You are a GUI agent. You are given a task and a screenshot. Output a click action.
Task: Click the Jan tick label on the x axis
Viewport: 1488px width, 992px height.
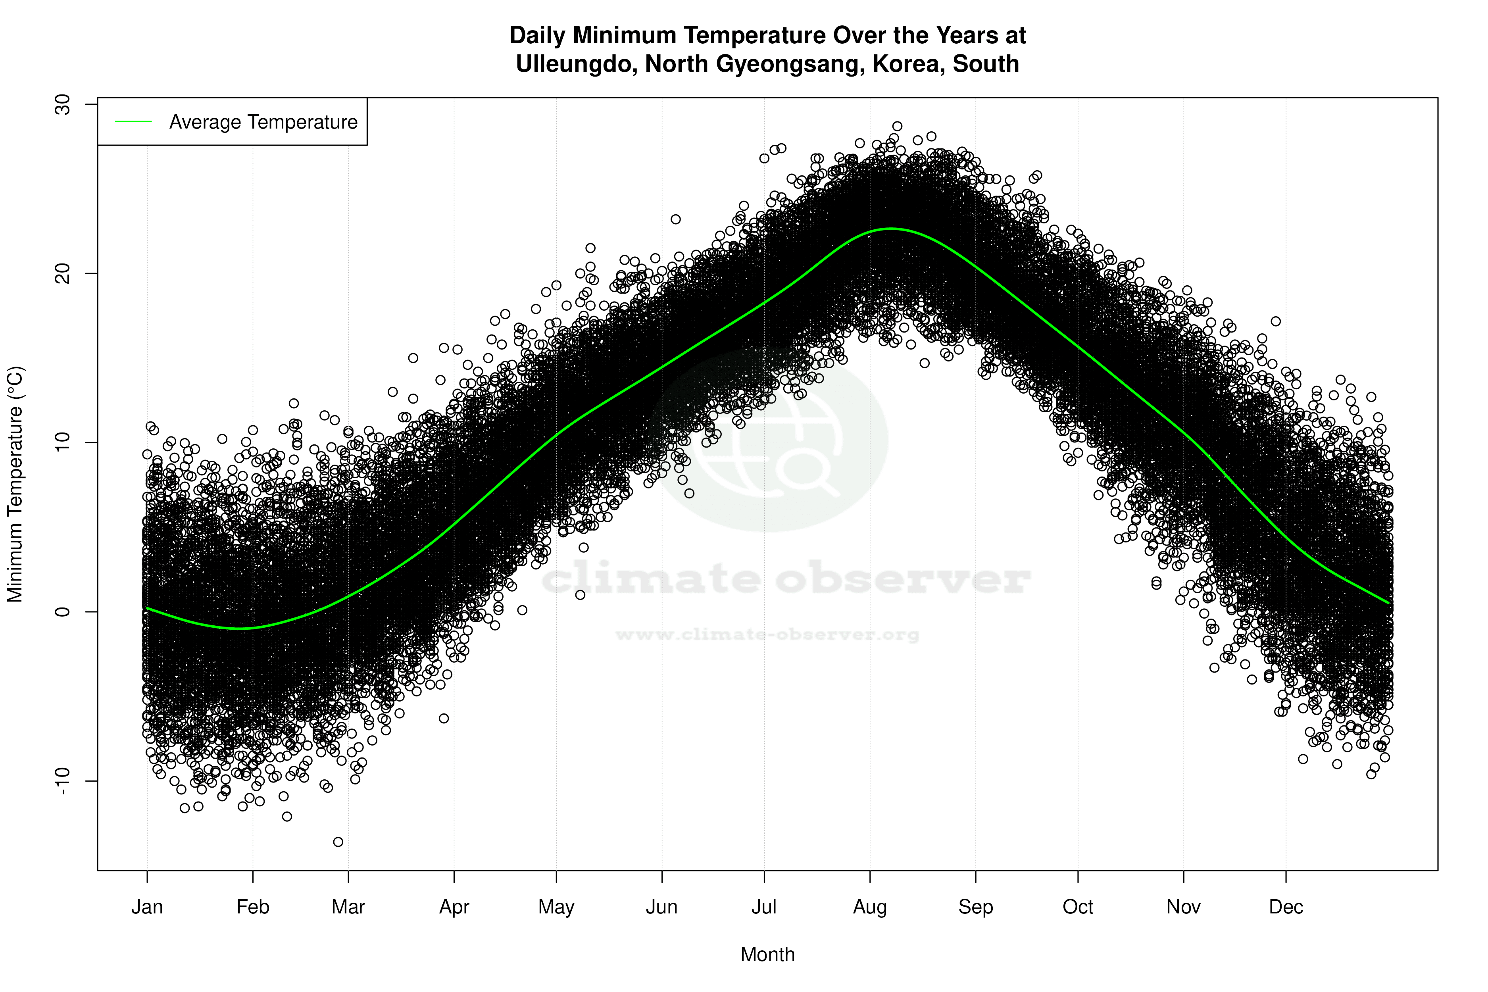[147, 907]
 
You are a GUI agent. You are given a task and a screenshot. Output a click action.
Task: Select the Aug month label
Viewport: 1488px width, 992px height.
[869, 907]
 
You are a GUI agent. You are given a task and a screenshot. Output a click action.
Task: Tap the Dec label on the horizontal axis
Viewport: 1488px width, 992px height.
[1286, 907]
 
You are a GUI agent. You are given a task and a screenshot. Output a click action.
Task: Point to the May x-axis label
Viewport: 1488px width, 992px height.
[556, 907]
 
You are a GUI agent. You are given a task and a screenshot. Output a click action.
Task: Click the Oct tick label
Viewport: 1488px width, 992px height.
[1077, 907]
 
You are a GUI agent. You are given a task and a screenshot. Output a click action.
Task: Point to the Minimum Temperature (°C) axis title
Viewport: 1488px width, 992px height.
[15, 484]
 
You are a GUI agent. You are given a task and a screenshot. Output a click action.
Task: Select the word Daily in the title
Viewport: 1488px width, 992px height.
[537, 35]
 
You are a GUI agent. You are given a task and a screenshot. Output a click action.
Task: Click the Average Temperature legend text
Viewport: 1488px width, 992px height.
[263, 122]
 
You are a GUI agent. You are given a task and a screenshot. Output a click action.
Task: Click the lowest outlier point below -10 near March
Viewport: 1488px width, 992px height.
[338, 842]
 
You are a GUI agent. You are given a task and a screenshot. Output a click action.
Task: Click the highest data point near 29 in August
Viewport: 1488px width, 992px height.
[897, 126]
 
